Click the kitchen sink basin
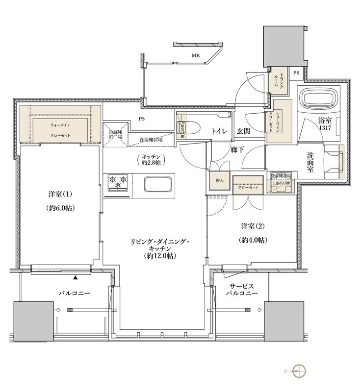[x=157, y=185]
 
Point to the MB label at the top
[x=196, y=56]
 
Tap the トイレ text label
[x=218, y=131]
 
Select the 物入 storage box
[x=219, y=180]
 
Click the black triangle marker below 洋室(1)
[x=76, y=278]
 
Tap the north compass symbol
[x=299, y=371]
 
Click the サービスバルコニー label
[x=238, y=289]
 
